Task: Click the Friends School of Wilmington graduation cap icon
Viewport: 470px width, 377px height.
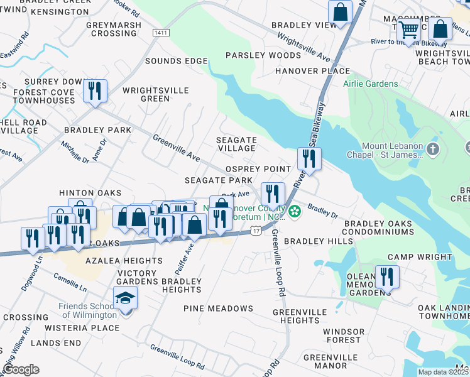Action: click(126, 298)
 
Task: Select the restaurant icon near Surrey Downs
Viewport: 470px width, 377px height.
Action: click(95, 91)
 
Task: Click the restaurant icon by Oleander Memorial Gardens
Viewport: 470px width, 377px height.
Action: click(387, 276)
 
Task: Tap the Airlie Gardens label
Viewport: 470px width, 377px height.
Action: click(370, 84)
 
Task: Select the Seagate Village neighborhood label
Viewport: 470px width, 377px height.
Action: click(236, 144)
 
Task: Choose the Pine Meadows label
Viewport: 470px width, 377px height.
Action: click(218, 309)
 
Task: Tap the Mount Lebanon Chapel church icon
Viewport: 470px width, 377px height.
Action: click(432, 150)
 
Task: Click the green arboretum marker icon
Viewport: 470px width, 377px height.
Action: click(295, 213)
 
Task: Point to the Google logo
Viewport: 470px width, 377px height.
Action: click(21, 369)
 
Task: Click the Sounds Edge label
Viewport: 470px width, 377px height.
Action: click(176, 61)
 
